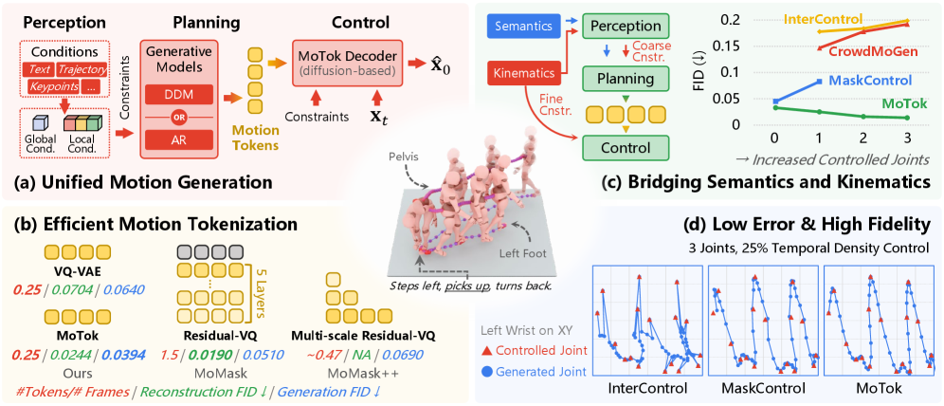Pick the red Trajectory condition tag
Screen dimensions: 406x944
tap(82, 71)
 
